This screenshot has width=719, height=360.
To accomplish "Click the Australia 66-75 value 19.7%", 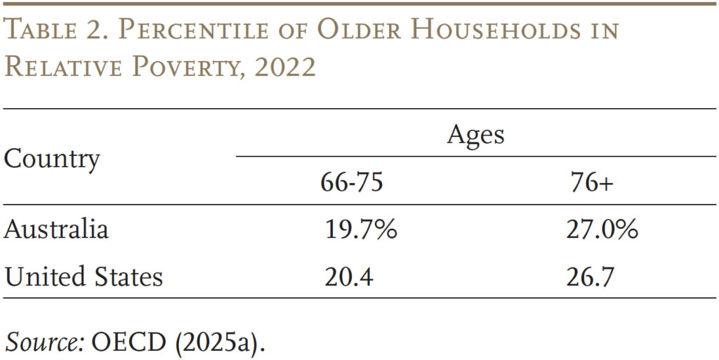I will (x=360, y=229).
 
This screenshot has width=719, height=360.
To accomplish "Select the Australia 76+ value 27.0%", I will (x=602, y=229).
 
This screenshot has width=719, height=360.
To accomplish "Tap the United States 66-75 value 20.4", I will (x=348, y=276).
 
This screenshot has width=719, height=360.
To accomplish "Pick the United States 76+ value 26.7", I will (x=591, y=276).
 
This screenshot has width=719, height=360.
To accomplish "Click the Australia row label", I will (x=56, y=229).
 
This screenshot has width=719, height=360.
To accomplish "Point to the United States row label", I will (x=84, y=276).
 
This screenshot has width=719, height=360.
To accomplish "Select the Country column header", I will (x=51, y=159).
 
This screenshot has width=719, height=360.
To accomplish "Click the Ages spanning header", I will (x=475, y=133).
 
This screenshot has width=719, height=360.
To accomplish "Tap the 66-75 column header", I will (x=352, y=183).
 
